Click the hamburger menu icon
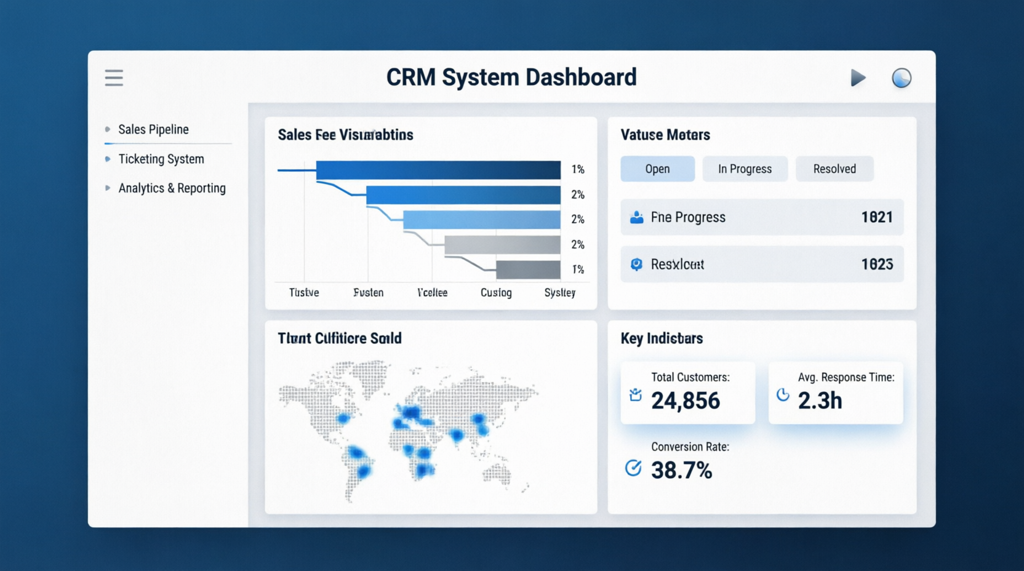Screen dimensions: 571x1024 coord(114,78)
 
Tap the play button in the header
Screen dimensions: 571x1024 coord(858,78)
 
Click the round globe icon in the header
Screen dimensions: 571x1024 coord(902,78)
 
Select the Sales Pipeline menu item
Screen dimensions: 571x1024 coord(153,129)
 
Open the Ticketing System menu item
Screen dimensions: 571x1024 coord(161,159)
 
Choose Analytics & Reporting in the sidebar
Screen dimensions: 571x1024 coord(172,188)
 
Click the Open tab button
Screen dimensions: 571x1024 coord(657,169)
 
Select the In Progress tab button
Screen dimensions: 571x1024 coord(745,169)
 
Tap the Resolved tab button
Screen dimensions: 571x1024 coord(834,169)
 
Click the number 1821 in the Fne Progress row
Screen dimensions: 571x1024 coord(877,217)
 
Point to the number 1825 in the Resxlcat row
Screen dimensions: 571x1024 coord(877,264)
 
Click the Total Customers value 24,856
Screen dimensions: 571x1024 coord(686,401)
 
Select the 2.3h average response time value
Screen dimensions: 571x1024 coord(820,401)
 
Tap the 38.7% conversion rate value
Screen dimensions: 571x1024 coord(682,471)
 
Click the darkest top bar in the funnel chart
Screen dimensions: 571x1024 coord(438,170)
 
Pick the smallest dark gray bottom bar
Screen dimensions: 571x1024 coord(528,270)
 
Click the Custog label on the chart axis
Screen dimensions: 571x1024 coord(496,292)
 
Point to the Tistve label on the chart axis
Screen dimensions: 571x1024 coord(304,292)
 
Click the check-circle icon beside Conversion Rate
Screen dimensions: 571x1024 coord(633,468)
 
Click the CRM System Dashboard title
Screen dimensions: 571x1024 coord(511,78)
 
